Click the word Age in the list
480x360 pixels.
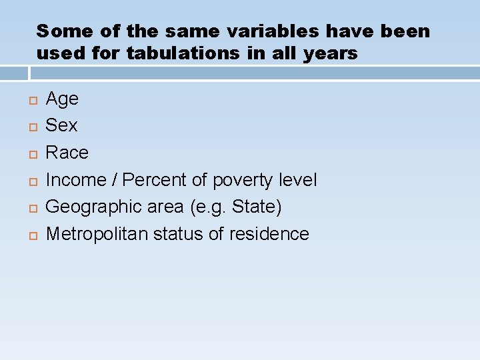point(62,99)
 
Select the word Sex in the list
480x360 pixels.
point(61,125)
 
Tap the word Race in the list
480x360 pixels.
point(67,153)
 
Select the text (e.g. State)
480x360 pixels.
point(236,207)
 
